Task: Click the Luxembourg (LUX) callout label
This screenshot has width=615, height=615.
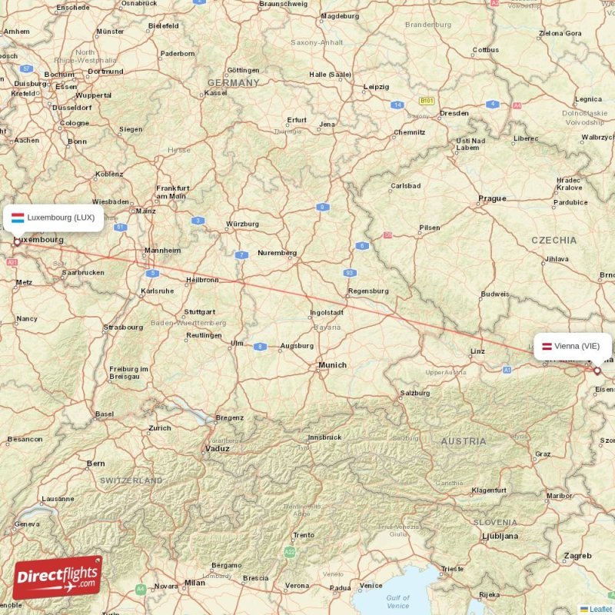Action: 53,218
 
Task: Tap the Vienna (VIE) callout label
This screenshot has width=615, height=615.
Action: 573,346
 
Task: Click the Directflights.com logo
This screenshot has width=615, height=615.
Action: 57,577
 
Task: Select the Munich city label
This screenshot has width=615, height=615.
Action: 332,365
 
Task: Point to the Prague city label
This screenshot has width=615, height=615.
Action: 492,198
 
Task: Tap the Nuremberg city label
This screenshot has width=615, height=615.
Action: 277,253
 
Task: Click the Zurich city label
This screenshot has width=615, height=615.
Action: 160,428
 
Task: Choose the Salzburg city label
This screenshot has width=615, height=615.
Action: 414,394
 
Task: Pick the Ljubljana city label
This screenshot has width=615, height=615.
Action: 500,536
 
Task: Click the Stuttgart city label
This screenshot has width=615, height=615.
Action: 199,312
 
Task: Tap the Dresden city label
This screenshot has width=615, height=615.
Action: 454,113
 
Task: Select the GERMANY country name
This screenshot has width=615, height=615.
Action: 233,83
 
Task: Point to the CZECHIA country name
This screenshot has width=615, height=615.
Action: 553,241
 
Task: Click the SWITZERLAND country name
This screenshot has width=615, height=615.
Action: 131,480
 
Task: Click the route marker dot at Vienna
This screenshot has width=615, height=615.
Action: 597,371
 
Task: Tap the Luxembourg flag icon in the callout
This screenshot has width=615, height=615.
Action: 17,218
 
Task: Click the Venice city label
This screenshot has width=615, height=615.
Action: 371,586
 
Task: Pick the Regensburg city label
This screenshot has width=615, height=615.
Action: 368,291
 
